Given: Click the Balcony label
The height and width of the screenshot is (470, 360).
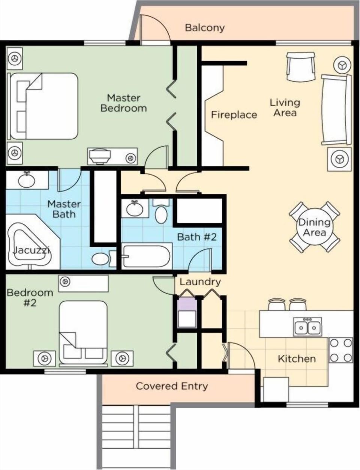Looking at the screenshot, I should (x=205, y=27).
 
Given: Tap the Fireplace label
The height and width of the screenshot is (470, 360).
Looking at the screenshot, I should (x=234, y=114).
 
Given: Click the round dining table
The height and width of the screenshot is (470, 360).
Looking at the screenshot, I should (x=314, y=227).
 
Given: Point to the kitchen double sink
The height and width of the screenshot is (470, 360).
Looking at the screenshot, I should (x=307, y=325).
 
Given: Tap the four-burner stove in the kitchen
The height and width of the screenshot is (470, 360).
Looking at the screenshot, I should (x=340, y=350).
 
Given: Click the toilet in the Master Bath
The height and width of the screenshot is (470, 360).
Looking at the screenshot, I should (x=101, y=259).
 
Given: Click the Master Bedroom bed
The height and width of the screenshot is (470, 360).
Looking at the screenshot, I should (x=44, y=106).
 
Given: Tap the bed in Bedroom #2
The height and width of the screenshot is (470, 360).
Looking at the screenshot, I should (x=83, y=332).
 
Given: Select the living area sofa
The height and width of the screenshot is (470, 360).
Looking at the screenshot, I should (x=336, y=109).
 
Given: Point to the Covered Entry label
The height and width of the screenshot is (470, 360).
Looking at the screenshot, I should (x=172, y=386).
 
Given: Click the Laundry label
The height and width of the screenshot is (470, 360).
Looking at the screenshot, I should (x=200, y=282).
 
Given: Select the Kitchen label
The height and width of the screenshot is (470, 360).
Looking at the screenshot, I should (x=297, y=359).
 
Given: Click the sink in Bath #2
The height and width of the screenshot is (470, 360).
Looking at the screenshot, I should (x=134, y=208).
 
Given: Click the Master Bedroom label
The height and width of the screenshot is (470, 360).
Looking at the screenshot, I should (x=123, y=103).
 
